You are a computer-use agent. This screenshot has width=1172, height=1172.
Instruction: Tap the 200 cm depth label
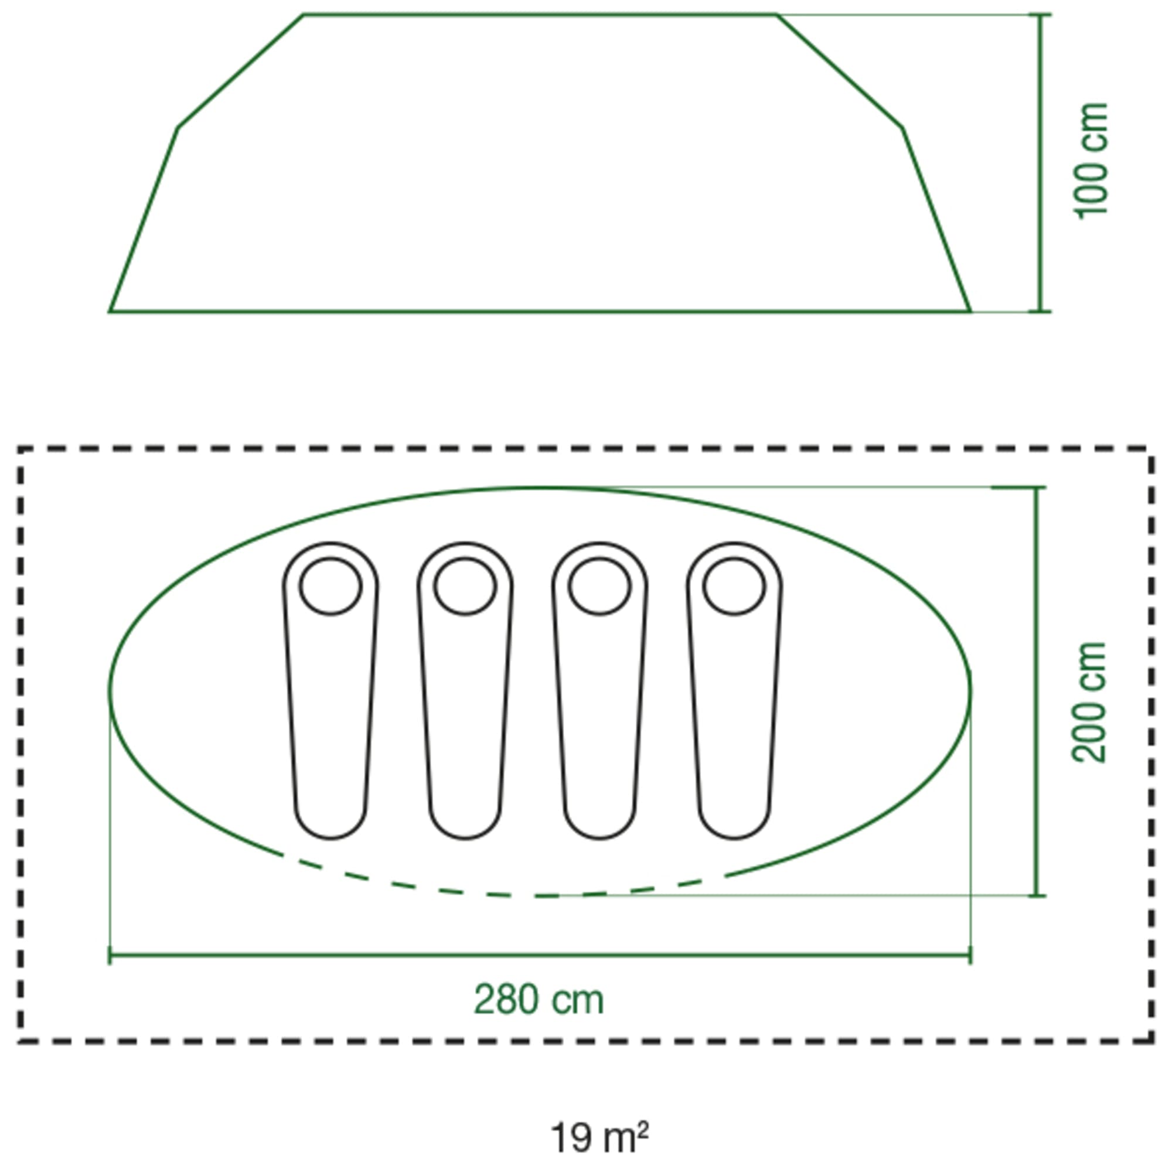[1089, 703]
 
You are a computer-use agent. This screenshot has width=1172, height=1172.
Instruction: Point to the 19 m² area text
[599, 1122]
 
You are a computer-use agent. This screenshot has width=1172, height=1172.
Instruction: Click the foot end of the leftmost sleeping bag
[331, 839]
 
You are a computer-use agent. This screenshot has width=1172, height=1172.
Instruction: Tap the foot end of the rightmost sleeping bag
[734, 839]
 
